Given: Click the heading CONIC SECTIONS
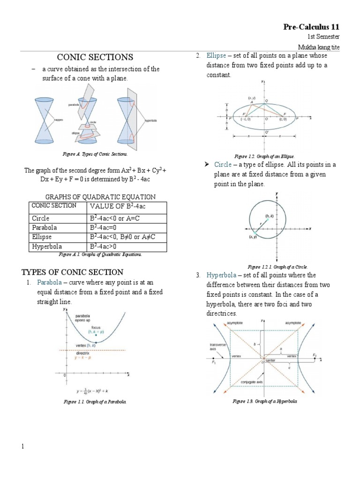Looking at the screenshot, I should [95, 57].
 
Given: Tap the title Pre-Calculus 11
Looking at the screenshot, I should [311, 27].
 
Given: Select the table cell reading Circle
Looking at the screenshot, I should [41, 218].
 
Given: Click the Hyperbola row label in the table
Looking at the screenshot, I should [47, 246].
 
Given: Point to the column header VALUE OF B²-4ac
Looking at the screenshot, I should [119, 206].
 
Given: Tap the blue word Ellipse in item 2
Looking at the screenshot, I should [216, 55].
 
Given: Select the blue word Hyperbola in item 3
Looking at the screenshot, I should [222, 275].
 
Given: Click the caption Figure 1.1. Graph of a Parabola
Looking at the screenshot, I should [95, 402].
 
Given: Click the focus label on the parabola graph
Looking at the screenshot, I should [96, 327].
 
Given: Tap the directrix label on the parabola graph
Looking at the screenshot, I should [82, 353].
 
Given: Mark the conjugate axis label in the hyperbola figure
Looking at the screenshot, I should [252, 382].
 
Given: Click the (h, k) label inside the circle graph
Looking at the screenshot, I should [270, 216].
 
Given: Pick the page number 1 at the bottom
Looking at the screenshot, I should [22, 447].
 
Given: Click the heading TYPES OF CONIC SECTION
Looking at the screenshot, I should [73, 272].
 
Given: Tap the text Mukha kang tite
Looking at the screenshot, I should [319, 47].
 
